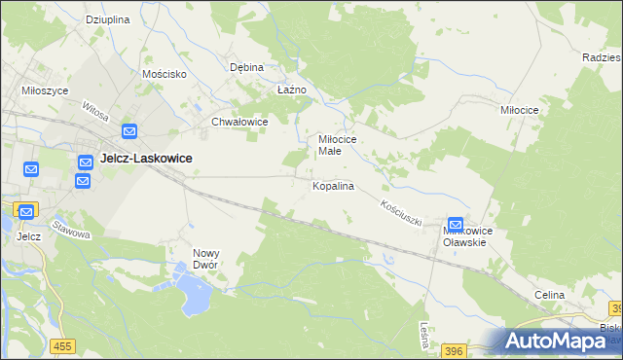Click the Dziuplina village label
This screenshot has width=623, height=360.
pyautogui.click(x=108, y=19)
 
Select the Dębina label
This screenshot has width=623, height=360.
pyautogui.click(x=246, y=68)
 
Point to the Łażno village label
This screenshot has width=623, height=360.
pyautogui.click(x=291, y=90)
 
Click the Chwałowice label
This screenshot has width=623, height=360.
pyautogui.click(x=239, y=123)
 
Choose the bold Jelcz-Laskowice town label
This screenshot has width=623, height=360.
pyautogui.click(x=146, y=158)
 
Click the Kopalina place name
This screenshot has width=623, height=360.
pyautogui.click(x=332, y=185)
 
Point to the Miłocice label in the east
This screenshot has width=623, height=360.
pyautogui.click(x=519, y=111)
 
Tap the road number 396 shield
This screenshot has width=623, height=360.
pyautogui.click(x=453, y=348)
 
